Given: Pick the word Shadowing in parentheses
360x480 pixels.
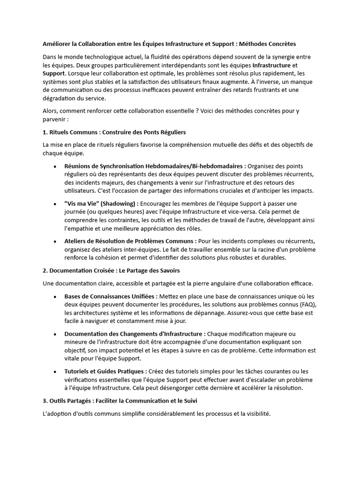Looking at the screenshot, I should pos(117,203).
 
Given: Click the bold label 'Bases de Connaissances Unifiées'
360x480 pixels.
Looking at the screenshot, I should pos(111,296).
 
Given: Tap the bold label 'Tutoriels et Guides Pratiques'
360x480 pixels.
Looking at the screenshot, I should pos(105,371).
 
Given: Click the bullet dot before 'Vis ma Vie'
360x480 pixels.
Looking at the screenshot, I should pos(55,204).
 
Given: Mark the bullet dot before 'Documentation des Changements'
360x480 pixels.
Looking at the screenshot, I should pos(55,334).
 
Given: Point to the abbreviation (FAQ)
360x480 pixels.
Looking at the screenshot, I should pos(307,305).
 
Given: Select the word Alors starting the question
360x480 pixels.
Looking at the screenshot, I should pos(51,111).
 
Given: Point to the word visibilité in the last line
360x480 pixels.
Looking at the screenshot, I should pos(255,414).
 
